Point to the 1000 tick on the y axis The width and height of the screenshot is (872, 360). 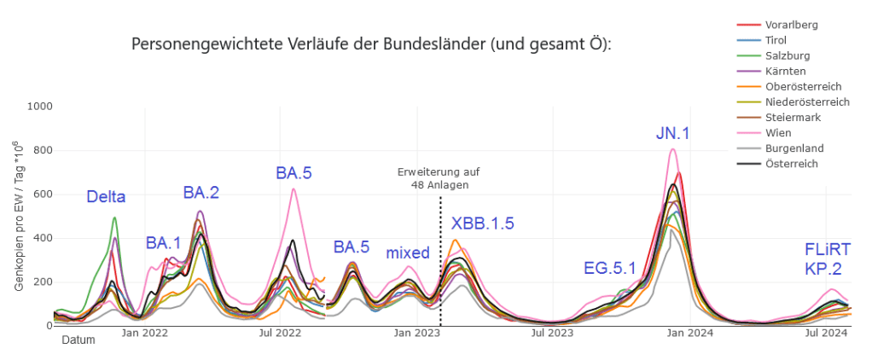38,107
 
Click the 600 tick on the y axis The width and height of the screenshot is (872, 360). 42,195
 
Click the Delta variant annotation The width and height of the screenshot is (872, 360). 106,197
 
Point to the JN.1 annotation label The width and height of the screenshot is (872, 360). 674,133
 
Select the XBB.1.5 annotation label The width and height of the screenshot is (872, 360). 483,224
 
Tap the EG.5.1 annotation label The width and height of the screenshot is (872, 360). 610,268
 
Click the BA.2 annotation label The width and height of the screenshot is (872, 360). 201,193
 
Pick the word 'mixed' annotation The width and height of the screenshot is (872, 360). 408,253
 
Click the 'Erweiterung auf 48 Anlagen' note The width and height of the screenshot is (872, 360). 433,178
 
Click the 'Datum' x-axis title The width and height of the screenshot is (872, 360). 78,340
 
